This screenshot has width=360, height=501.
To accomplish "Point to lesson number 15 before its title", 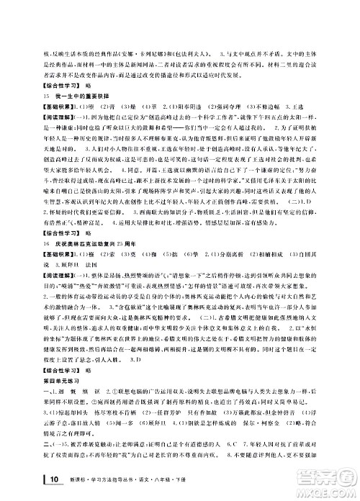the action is (x=46, y=96).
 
